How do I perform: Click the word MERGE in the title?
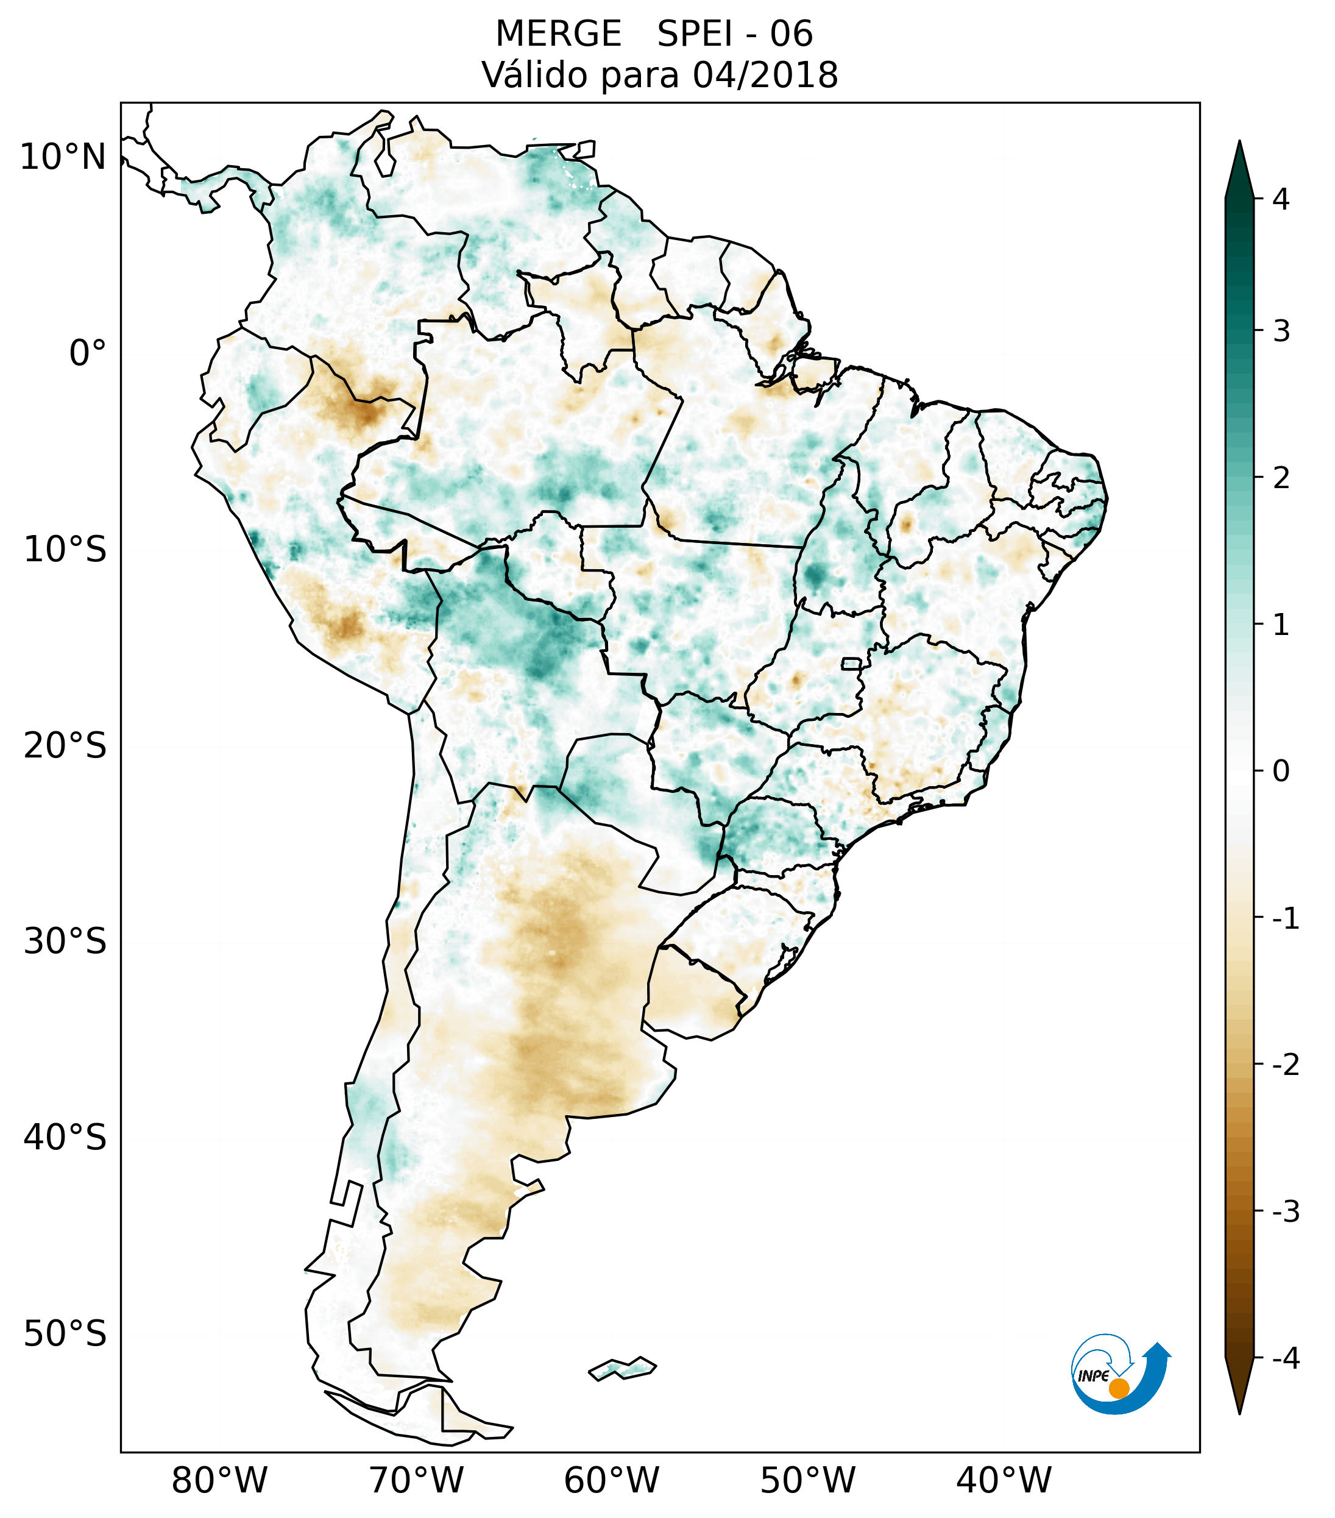pyautogui.click(x=558, y=34)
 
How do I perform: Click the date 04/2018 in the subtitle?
pyautogui.click(x=765, y=75)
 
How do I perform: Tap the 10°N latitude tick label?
pyautogui.click(x=63, y=157)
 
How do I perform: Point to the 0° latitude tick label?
pyautogui.click(x=88, y=353)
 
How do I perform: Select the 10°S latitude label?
pyautogui.click(x=65, y=550)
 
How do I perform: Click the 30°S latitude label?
pyautogui.click(x=65, y=942)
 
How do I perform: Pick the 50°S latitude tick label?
pyautogui.click(x=65, y=1334)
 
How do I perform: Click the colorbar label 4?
pyautogui.click(x=1281, y=199)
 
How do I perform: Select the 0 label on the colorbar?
pyautogui.click(x=1281, y=771)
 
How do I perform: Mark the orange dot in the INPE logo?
pyautogui.click(x=1119, y=1388)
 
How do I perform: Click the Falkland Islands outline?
pyautogui.click(x=622, y=1367)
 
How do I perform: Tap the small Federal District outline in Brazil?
pyautogui.click(x=852, y=663)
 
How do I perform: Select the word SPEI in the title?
pyautogui.click(x=694, y=34)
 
